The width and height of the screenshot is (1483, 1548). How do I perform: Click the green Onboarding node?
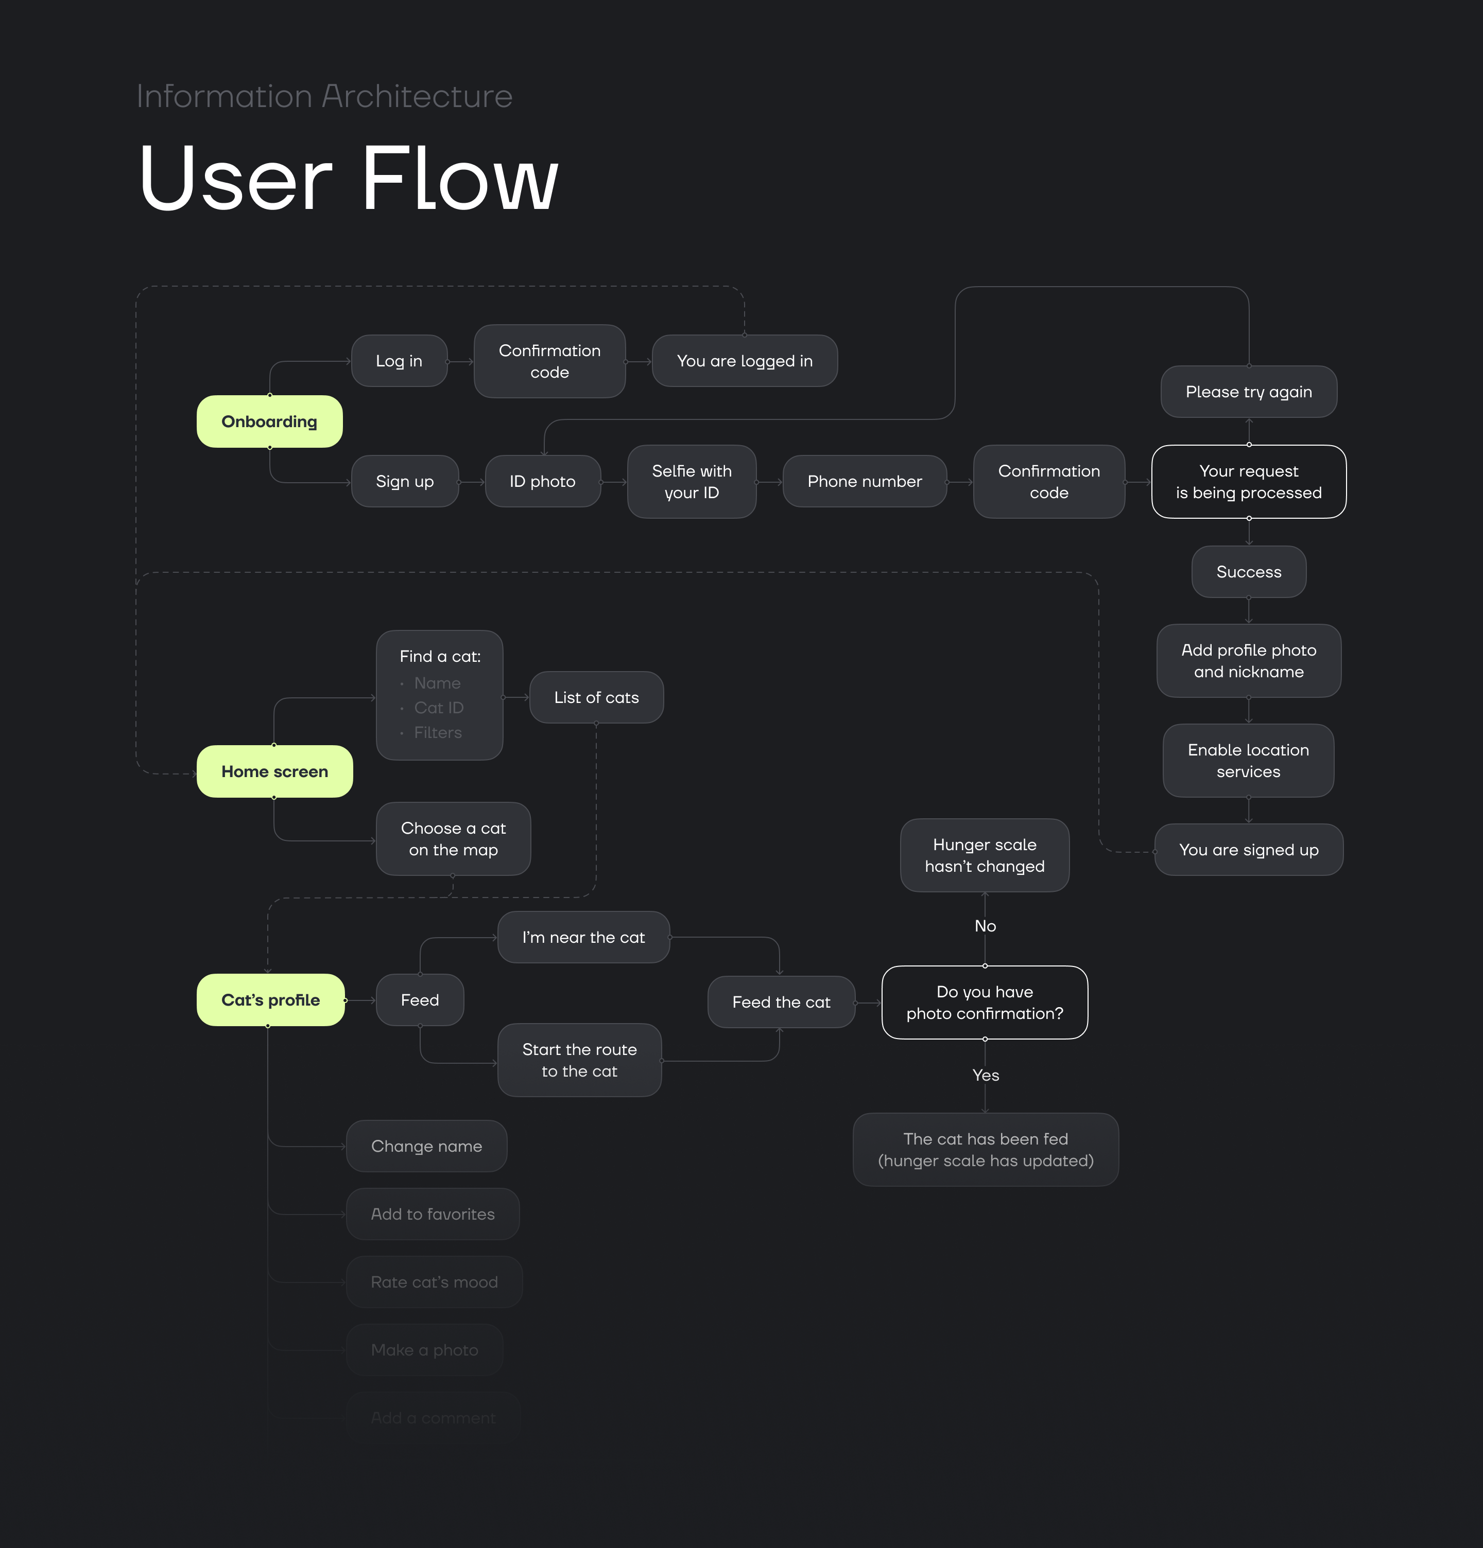point(269,422)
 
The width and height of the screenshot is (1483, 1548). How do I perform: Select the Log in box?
point(399,361)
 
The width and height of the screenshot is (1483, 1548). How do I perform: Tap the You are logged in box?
point(744,361)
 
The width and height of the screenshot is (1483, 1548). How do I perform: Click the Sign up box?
point(405,482)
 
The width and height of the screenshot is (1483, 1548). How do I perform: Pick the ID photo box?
point(542,482)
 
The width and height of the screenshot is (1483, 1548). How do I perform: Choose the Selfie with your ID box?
point(692,482)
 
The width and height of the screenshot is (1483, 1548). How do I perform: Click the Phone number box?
point(865,482)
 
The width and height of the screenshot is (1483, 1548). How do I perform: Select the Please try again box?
point(1248,392)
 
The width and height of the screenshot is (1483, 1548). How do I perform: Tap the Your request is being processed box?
point(1248,482)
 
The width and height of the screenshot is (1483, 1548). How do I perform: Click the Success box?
point(1248,572)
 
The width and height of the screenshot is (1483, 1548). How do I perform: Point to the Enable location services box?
point(1248,761)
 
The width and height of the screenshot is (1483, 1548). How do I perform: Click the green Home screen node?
point(274,771)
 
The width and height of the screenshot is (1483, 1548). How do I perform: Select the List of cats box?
point(596,697)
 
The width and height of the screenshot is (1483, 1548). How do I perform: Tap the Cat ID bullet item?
point(439,708)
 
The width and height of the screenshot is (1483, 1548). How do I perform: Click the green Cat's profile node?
point(270,1000)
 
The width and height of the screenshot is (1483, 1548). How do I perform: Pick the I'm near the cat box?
point(583,938)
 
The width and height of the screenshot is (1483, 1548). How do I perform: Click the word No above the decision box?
point(985,926)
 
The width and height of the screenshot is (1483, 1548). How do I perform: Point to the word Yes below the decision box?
point(985,1075)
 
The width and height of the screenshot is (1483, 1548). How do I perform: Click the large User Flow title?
point(349,179)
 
